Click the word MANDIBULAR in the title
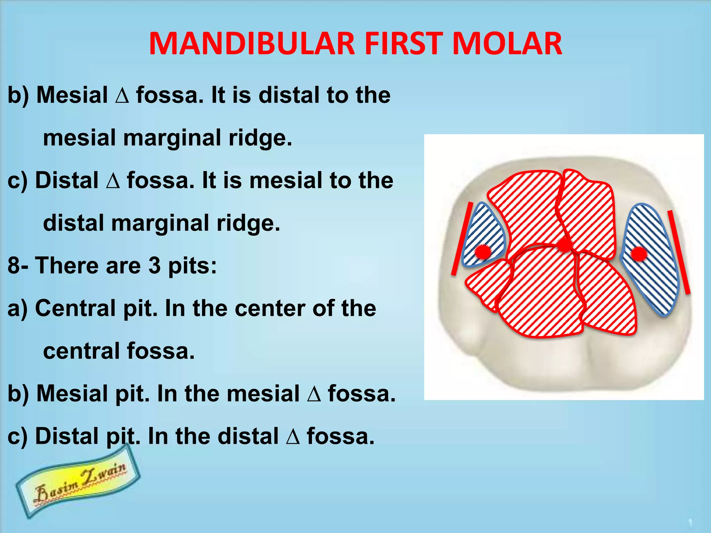click(x=252, y=44)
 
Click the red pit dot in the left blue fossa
click(x=483, y=252)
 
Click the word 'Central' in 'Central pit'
click(x=76, y=308)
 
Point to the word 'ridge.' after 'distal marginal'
click(x=248, y=223)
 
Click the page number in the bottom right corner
click(x=690, y=522)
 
